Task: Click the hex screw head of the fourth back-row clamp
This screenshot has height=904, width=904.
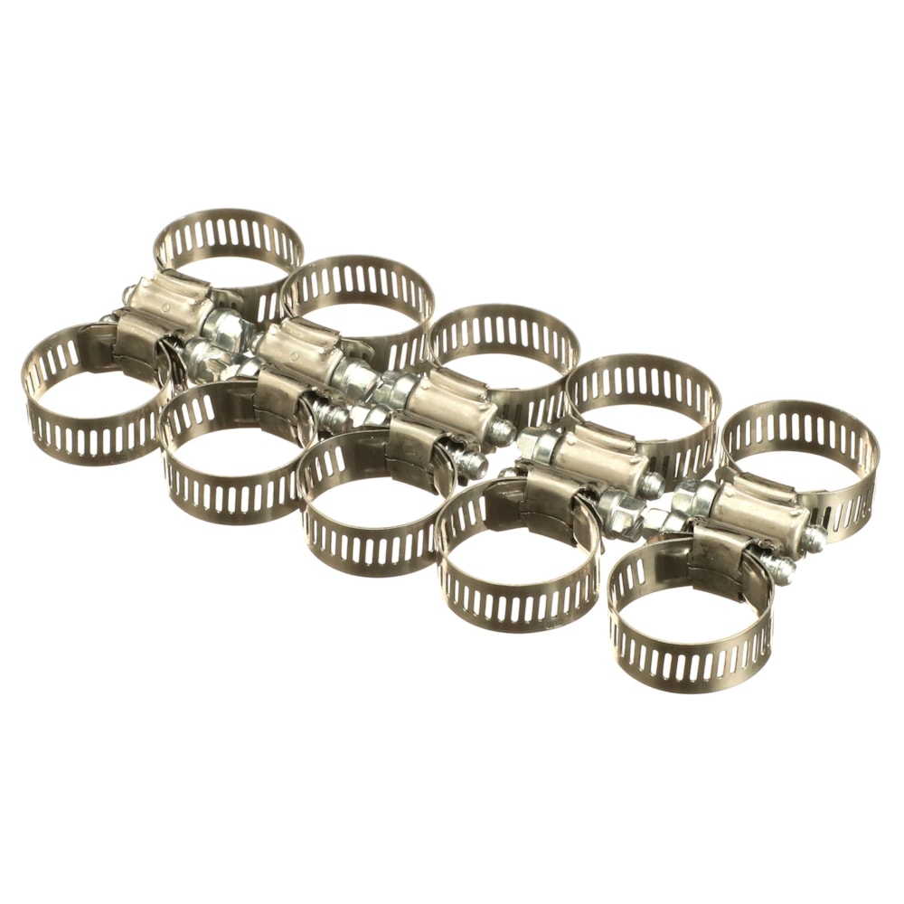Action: [537, 443]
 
